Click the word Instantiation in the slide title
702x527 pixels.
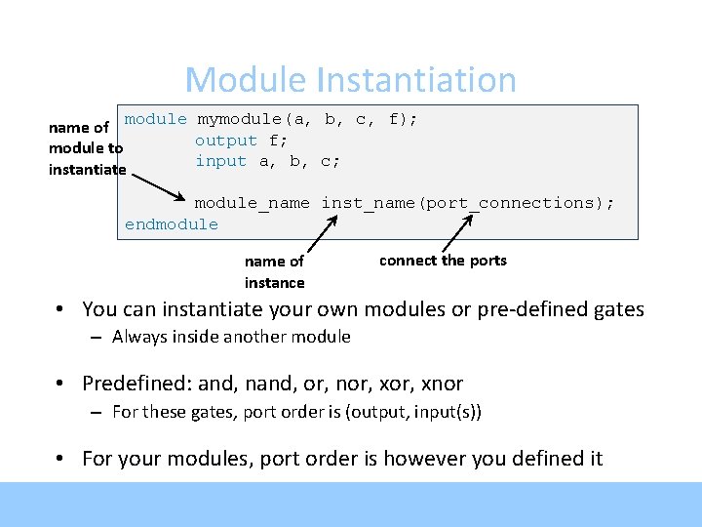coord(417,80)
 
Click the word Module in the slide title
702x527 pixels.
coord(246,80)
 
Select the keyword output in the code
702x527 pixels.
coord(226,142)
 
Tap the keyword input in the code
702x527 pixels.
coord(220,161)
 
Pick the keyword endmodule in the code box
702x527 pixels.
coord(171,224)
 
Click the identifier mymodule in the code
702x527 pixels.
coord(239,120)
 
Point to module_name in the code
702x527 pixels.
coord(253,203)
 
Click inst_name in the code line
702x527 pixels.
coord(369,203)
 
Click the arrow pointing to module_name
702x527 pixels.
coord(159,187)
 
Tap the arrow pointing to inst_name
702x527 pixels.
coord(323,233)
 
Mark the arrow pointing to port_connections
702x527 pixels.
coord(457,233)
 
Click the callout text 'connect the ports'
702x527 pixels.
coord(443,261)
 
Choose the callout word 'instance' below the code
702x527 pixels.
coord(274,283)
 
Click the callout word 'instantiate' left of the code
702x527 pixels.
coord(88,170)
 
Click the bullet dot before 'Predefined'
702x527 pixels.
coord(59,384)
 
